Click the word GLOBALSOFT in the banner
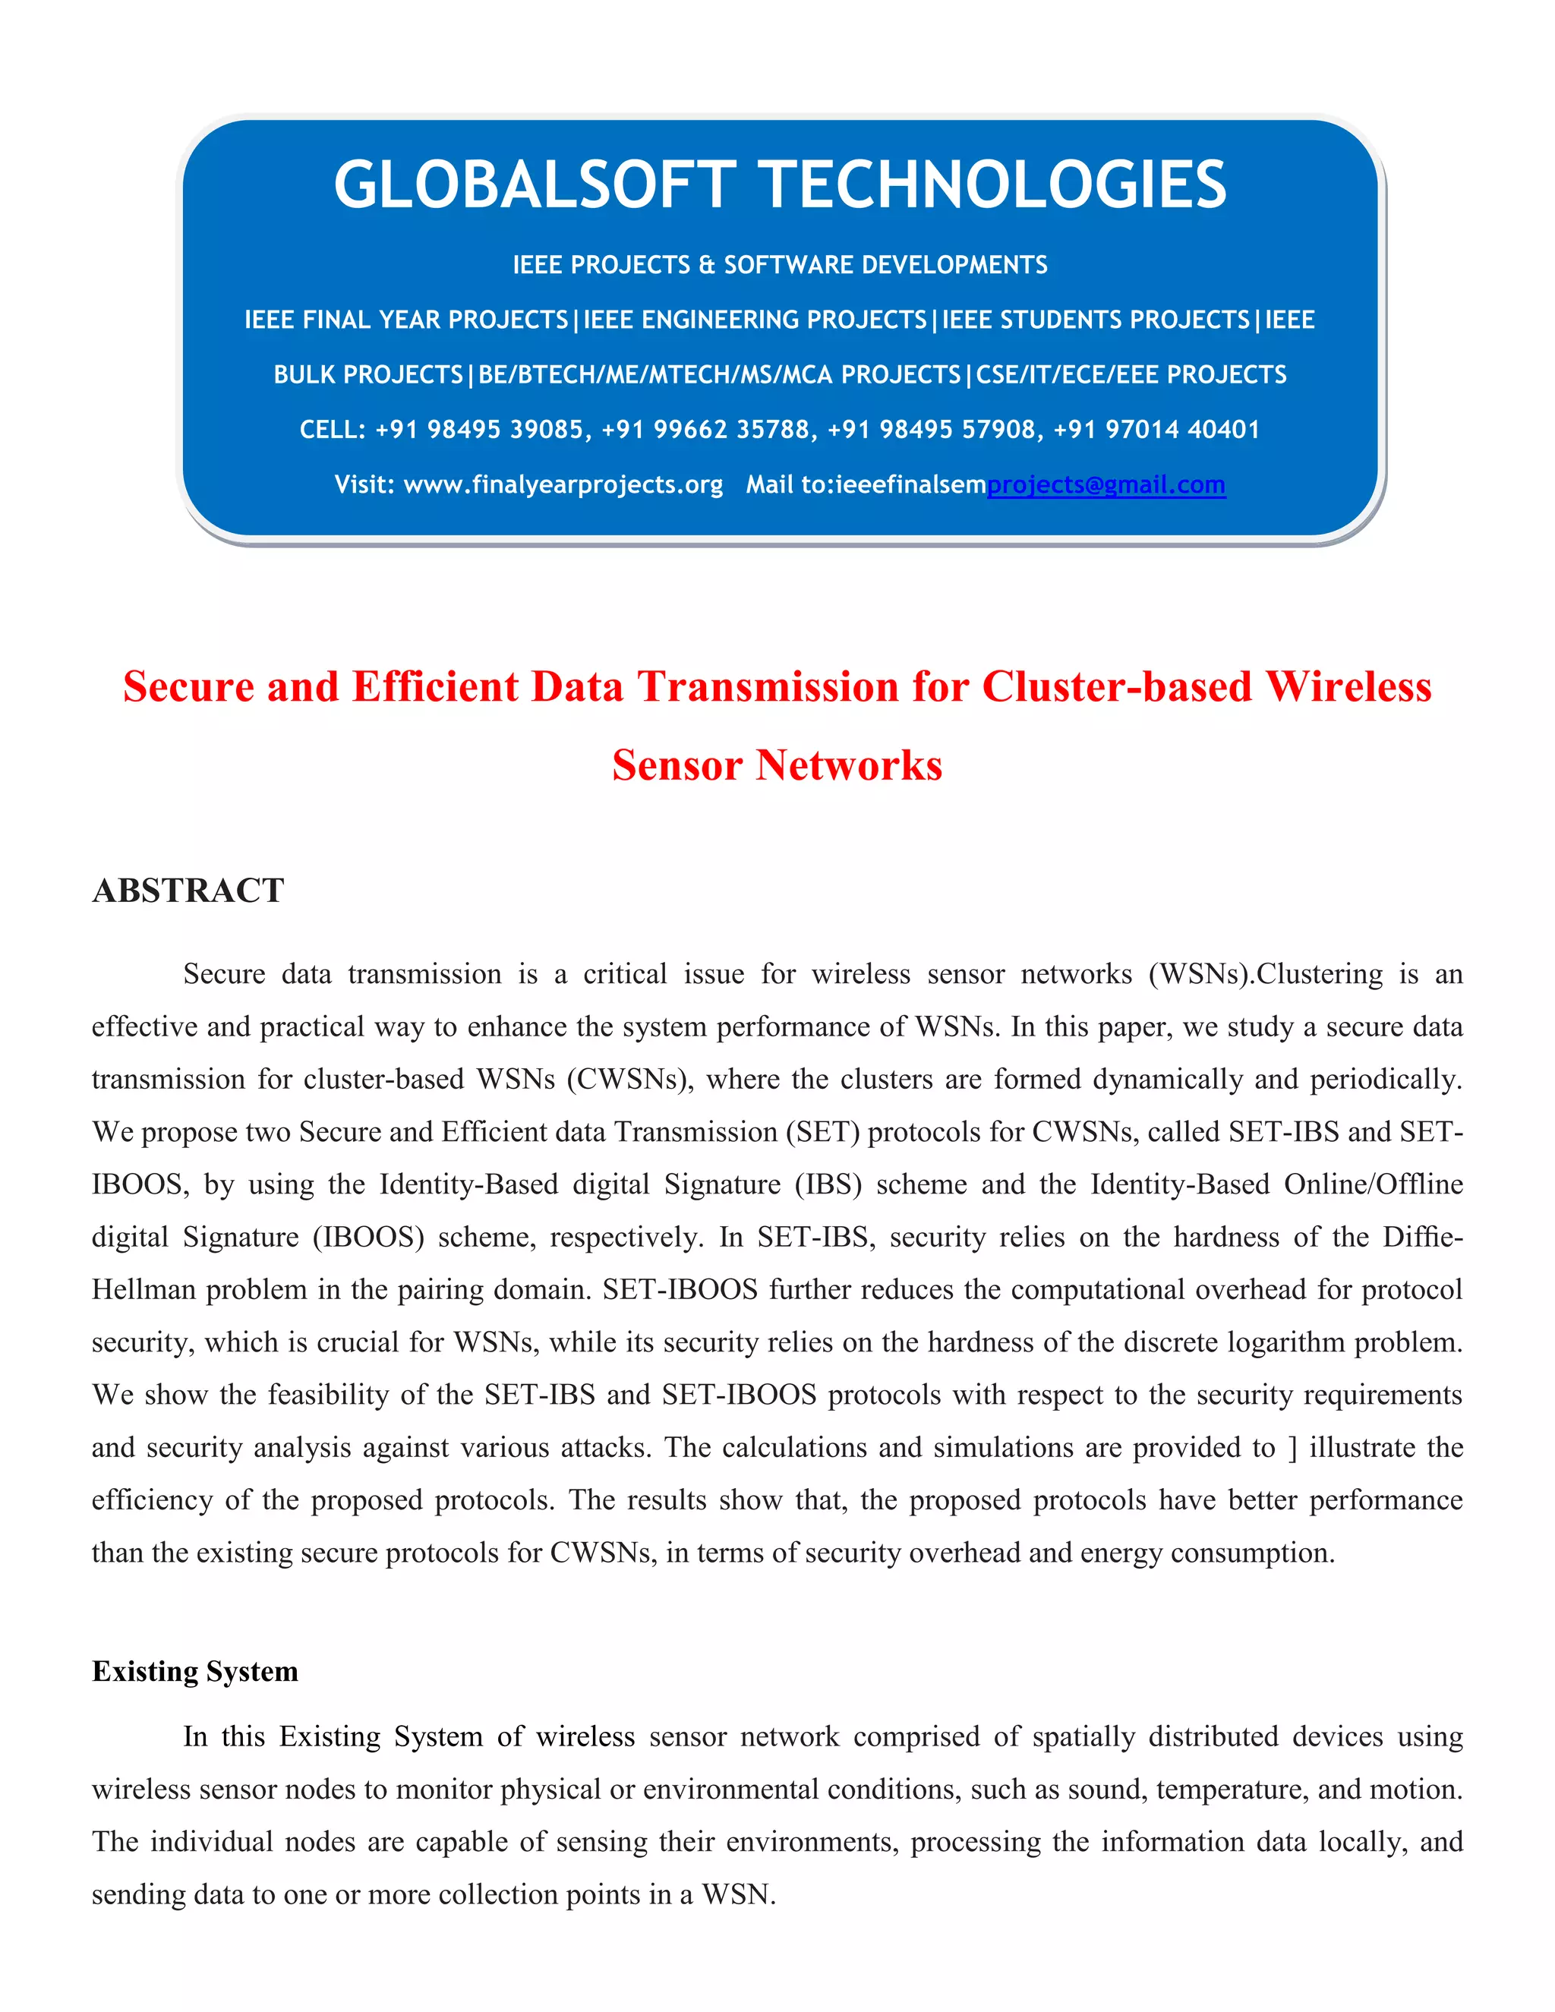coord(535,184)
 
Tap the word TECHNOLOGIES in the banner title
coord(996,184)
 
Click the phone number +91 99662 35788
coord(705,429)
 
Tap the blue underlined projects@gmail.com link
coord(1106,484)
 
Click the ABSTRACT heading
coord(188,891)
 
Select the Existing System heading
coord(195,1670)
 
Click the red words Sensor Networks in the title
coord(777,765)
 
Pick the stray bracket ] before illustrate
coord(1292,1447)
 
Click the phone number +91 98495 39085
coord(479,429)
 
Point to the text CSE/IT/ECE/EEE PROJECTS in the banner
coord(1131,375)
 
